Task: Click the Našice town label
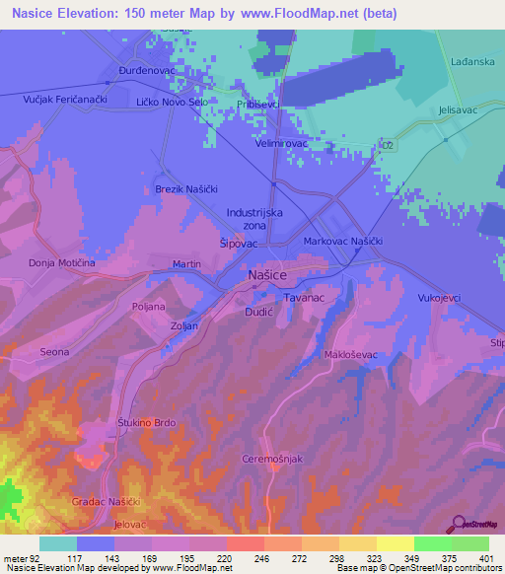[267, 278]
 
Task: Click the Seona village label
[54, 351]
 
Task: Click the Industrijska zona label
[254, 218]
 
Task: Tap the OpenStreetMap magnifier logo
[457, 524]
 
